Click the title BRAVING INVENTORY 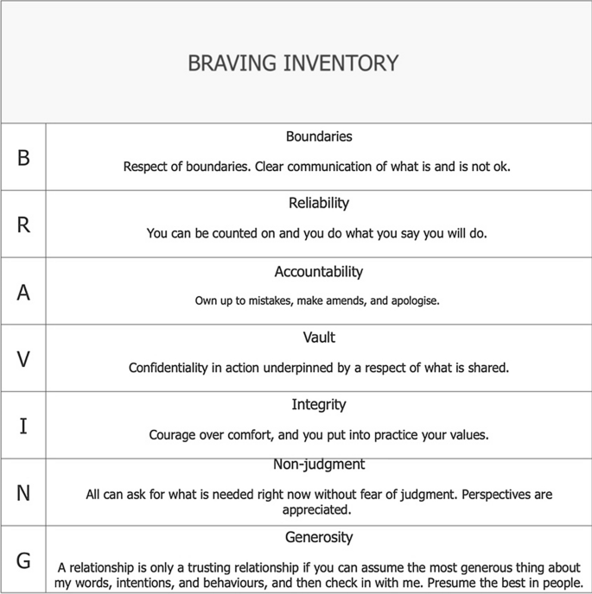pos(293,64)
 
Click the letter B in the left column pos(23,158)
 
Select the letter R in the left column pos(23,224)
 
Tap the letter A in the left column pos(23,292)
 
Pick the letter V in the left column pos(23,358)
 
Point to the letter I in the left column pos(23,426)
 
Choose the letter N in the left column pos(23,493)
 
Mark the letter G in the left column pos(23,560)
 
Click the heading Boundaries pos(319,136)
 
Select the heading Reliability pos(319,204)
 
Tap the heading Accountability pos(319,271)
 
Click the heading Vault pos(319,338)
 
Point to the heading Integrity pos(319,404)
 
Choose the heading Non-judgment pos(319,464)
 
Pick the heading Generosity pos(319,537)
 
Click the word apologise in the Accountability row pos(417,302)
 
